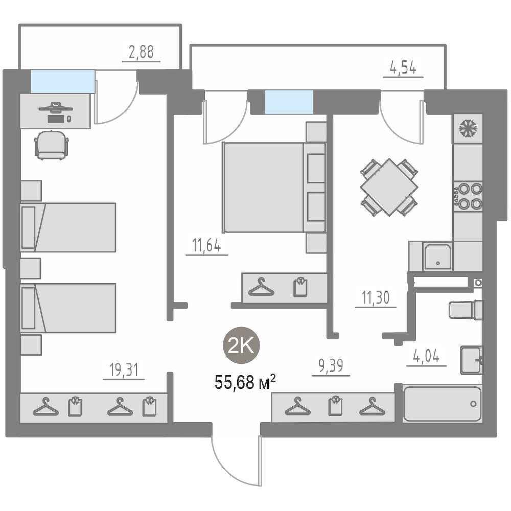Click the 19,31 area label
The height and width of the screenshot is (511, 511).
[124, 370]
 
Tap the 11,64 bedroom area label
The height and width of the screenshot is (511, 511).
[206, 245]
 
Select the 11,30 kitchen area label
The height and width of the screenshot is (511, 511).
[376, 297]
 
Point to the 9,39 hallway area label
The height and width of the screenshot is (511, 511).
[331, 366]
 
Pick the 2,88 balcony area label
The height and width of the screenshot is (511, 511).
[141, 52]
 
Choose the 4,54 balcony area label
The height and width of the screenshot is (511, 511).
[403, 68]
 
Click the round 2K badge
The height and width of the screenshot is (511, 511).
[241, 345]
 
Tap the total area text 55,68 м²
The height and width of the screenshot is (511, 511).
[245, 382]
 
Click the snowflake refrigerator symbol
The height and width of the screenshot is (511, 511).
[468, 128]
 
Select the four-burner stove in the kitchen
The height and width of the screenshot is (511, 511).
[468, 196]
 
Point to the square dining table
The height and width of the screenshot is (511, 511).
[389, 187]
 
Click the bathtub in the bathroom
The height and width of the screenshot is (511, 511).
[442, 404]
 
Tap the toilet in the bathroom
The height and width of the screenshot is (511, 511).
[466, 310]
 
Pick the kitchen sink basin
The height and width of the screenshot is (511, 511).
[437, 257]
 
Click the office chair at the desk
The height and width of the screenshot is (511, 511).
[52, 145]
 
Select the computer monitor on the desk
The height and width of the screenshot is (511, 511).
[56, 107]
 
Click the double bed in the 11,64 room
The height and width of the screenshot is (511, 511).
[274, 188]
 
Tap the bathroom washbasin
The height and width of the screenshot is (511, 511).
[471, 360]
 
